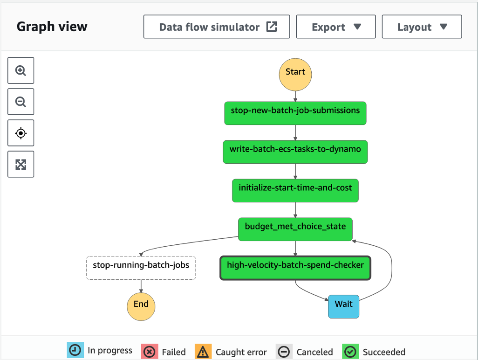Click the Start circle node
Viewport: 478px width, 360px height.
(x=295, y=74)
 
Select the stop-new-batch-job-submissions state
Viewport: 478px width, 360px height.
(x=295, y=113)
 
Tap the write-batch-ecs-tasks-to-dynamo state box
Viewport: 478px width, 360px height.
(x=295, y=152)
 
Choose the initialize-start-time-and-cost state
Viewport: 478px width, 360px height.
(x=295, y=190)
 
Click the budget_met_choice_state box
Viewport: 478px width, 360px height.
(x=295, y=229)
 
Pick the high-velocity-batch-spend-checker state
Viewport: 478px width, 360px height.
(x=295, y=268)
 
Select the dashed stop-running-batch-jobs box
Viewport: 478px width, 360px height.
(x=141, y=268)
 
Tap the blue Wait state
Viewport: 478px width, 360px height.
(x=343, y=306)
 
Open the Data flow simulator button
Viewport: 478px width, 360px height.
(x=217, y=27)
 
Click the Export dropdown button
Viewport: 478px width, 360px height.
(x=336, y=27)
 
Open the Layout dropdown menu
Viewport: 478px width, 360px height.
(x=422, y=27)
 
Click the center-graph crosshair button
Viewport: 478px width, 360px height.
(x=21, y=133)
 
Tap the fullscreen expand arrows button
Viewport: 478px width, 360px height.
(x=21, y=164)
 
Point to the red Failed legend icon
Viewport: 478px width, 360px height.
(x=150, y=351)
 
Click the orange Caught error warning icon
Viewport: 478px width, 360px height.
(x=203, y=351)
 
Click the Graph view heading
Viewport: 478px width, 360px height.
(x=52, y=27)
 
